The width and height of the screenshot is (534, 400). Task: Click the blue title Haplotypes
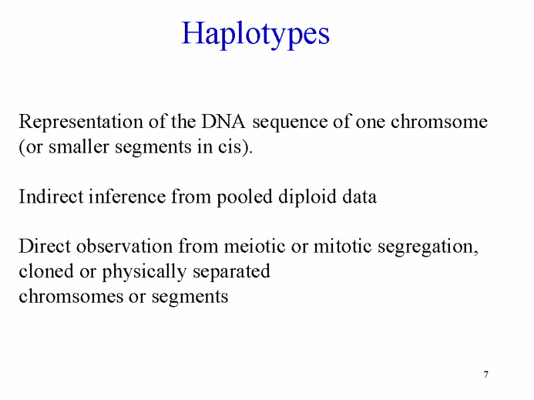pyautogui.click(x=256, y=35)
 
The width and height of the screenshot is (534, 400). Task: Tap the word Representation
pyautogui.click(x=81, y=122)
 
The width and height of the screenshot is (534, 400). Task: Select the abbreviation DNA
pyautogui.click(x=223, y=121)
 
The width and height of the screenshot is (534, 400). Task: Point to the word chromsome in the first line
pyautogui.click(x=439, y=121)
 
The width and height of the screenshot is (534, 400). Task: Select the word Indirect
pyautogui.click(x=51, y=197)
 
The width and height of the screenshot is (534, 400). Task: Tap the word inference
pyautogui.click(x=127, y=197)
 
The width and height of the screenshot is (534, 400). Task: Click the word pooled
pyautogui.click(x=244, y=197)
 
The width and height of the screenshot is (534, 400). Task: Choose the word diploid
pyautogui.click(x=307, y=197)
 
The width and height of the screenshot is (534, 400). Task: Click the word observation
pyautogui.click(x=124, y=246)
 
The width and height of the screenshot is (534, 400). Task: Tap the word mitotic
pyautogui.click(x=342, y=246)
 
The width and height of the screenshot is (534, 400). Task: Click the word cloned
pyautogui.click(x=46, y=271)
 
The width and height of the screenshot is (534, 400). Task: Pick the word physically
pyautogui.click(x=144, y=273)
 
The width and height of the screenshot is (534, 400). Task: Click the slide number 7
pyautogui.click(x=486, y=375)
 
